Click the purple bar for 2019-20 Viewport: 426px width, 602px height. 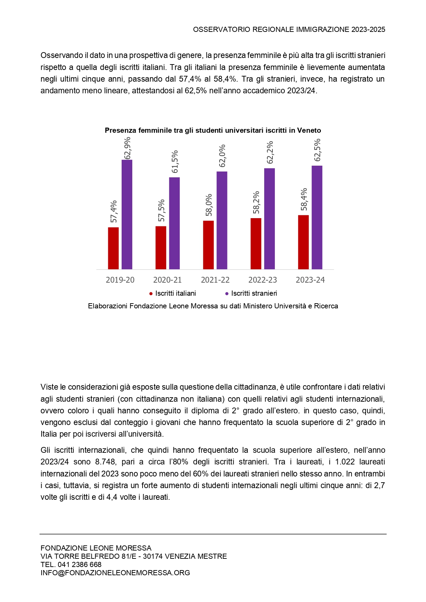point(127,214)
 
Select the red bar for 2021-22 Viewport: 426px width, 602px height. point(208,245)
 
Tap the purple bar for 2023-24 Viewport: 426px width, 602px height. point(317,217)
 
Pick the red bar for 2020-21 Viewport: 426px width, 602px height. point(161,248)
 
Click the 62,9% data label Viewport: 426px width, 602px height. point(127,148)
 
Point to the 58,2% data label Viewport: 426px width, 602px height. point(256,202)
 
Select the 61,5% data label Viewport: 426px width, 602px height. point(175,162)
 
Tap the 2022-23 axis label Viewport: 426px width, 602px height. point(262,280)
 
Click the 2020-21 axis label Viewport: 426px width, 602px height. point(167,280)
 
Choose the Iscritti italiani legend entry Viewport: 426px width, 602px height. point(173,293)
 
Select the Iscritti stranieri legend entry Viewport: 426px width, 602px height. point(251,293)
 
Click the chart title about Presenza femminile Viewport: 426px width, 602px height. point(213,130)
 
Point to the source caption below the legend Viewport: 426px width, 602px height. point(213,306)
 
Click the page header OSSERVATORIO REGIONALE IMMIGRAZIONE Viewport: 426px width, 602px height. point(289,29)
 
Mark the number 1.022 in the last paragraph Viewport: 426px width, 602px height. point(345,462)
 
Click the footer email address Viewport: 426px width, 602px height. point(115,573)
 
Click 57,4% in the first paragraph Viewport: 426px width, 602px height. point(190,79)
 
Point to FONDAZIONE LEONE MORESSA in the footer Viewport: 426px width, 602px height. point(96,548)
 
